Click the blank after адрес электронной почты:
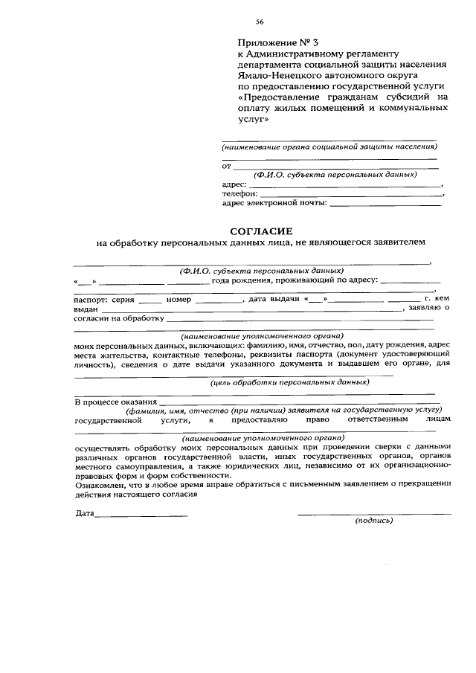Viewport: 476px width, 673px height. point(385,202)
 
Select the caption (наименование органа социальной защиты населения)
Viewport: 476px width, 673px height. point(329,147)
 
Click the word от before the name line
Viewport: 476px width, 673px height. point(228,166)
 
